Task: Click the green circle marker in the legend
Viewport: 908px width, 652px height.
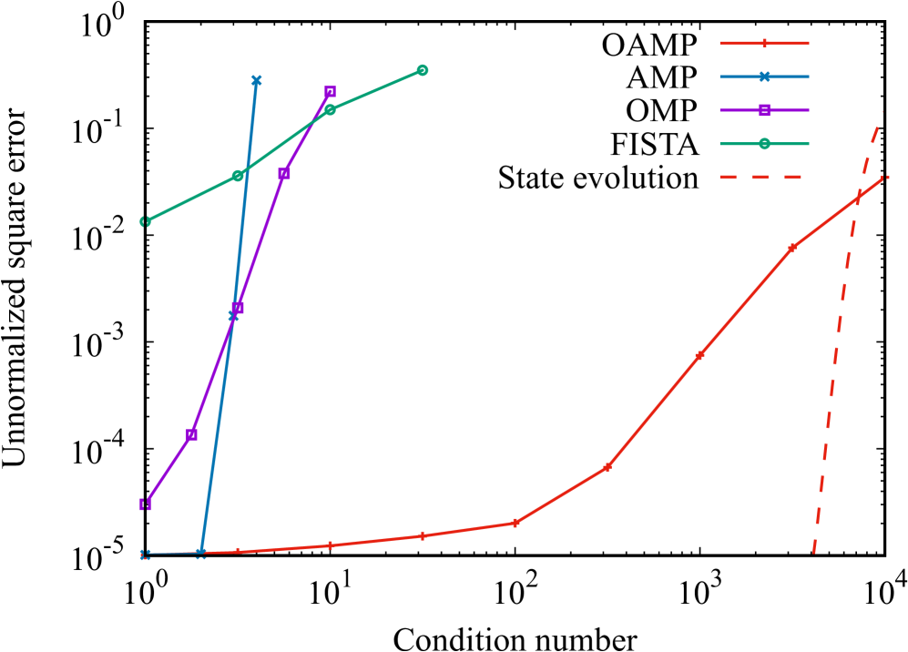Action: [764, 144]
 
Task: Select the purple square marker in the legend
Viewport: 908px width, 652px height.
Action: [764, 110]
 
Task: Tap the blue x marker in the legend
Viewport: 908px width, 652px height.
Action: [764, 76]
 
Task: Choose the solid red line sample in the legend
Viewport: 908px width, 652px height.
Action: [764, 43]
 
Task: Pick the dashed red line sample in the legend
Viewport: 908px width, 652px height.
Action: [760, 177]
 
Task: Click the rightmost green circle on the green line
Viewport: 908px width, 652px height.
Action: [423, 70]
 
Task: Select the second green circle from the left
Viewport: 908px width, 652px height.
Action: [238, 176]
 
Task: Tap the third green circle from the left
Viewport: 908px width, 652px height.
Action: [330, 109]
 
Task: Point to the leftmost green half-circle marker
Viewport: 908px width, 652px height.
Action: [146, 221]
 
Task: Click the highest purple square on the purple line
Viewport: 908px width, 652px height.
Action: [330, 91]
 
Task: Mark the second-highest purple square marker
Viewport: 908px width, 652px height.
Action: [284, 173]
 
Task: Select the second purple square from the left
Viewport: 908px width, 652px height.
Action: [192, 434]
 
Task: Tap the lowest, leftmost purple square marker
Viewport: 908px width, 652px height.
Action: [146, 504]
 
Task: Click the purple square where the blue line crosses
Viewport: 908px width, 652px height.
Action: [238, 308]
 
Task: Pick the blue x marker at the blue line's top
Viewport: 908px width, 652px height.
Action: [256, 80]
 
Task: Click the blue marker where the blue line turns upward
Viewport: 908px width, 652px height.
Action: [201, 553]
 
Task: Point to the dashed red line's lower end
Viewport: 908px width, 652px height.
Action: [813, 552]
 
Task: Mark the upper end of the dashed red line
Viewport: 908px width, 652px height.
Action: [882, 112]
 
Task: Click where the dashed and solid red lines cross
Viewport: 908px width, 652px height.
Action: [857, 198]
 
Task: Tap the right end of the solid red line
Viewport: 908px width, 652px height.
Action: [886, 177]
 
